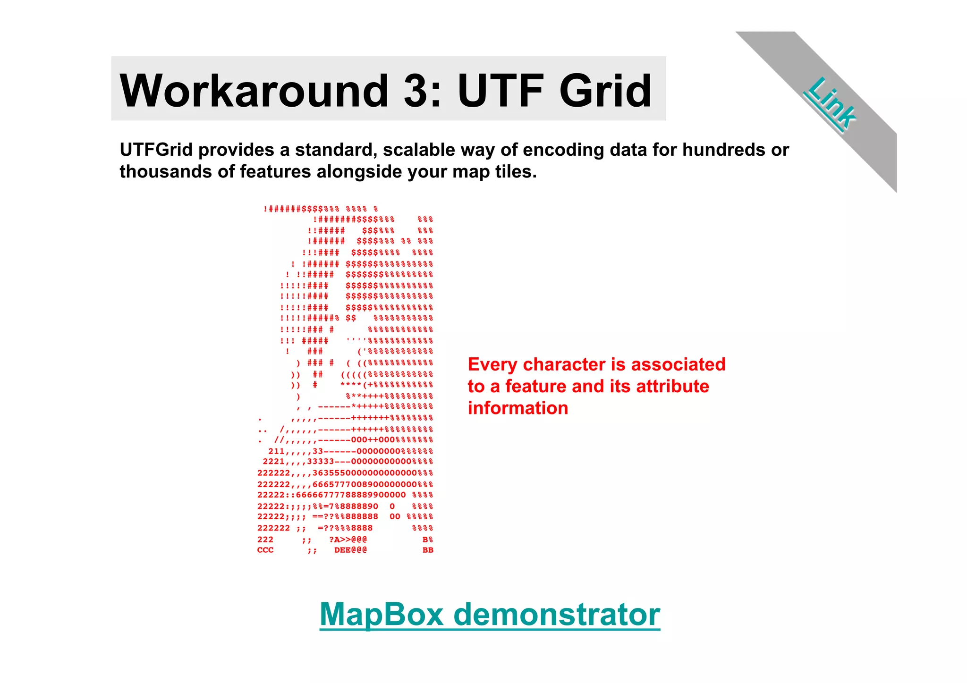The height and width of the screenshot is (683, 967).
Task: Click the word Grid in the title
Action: pos(605,91)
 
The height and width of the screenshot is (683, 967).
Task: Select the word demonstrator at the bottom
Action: pos(556,615)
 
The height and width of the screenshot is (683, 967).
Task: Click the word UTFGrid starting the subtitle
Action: pos(156,150)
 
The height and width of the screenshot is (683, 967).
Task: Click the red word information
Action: pos(517,408)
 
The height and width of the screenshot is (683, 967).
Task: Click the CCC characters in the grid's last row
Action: pos(265,550)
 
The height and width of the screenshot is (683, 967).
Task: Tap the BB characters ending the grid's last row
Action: pos(428,550)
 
